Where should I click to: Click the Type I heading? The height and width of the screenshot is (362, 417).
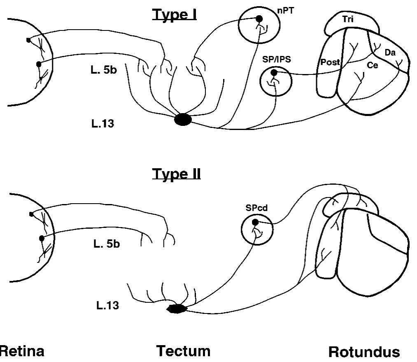click(x=175, y=15)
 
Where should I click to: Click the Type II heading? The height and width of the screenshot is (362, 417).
click(x=176, y=174)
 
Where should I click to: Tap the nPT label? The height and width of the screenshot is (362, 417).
click(x=285, y=11)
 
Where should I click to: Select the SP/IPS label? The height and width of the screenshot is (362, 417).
click(x=276, y=59)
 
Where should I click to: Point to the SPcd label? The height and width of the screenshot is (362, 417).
click(x=256, y=208)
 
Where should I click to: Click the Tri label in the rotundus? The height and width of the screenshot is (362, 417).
click(x=347, y=19)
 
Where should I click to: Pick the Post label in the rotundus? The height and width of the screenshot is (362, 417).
click(x=330, y=62)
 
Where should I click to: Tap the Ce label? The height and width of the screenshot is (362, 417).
click(x=372, y=65)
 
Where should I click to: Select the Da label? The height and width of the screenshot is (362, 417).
click(x=390, y=53)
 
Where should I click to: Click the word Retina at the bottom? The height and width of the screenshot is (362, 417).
click(x=22, y=351)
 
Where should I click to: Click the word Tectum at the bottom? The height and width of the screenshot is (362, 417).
click(x=183, y=351)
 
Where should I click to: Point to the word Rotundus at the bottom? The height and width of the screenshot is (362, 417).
click(x=364, y=352)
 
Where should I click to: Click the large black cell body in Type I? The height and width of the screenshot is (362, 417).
click(x=183, y=120)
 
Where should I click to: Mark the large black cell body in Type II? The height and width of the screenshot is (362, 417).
click(x=177, y=309)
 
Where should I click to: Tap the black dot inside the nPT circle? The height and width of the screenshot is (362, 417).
click(x=259, y=19)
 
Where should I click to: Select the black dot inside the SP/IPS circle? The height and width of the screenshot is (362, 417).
click(x=274, y=72)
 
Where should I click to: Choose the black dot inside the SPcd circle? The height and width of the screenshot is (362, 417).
click(x=255, y=222)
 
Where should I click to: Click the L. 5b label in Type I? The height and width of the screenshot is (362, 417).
click(x=103, y=70)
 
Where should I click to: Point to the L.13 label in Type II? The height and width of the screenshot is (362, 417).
click(x=107, y=305)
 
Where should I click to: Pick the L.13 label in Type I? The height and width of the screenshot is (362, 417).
click(x=103, y=123)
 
